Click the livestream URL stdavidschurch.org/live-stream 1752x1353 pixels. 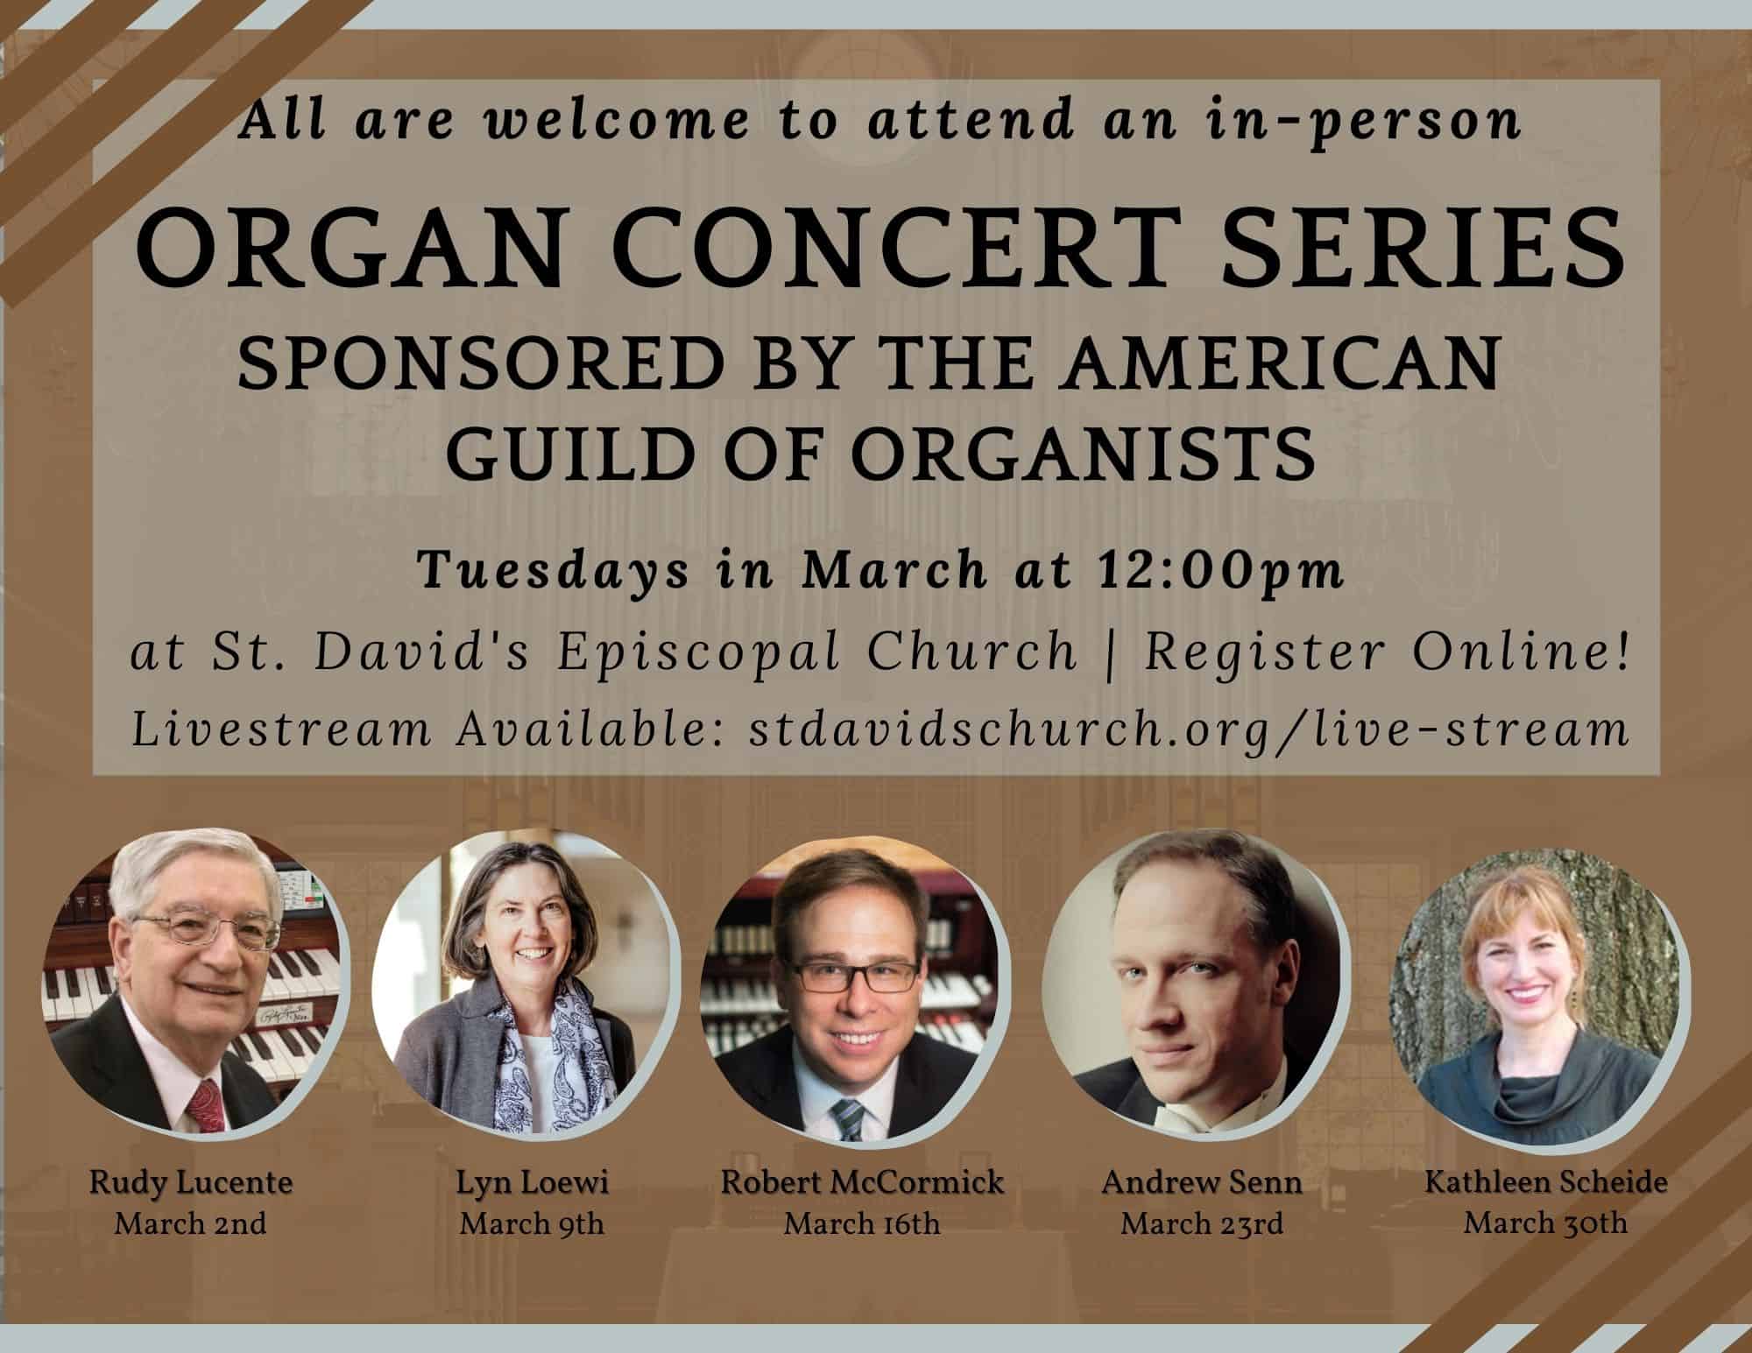click(1189, 730)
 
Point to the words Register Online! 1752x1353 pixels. click(1387, 652)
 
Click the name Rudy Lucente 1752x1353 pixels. click(191, 1184)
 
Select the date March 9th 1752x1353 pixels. click(532, 1223)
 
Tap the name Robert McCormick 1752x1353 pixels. click(862, 1183)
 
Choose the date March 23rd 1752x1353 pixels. click(1202, 1223)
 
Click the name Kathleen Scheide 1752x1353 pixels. click(1546, 1183)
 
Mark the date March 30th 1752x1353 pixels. click(1545, 1223)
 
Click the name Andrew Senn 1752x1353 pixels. click(1202, 1183)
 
